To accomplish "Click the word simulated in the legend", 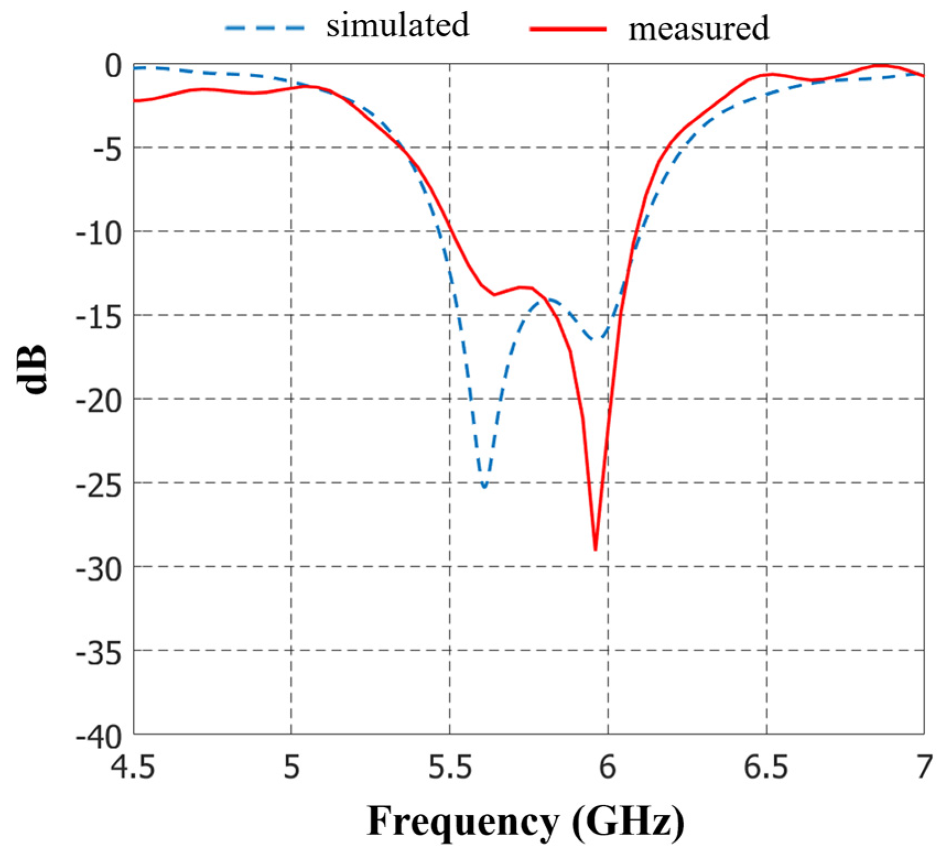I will pos(398,25).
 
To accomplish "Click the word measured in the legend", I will pos(698,29).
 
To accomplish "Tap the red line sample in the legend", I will pos(568,28).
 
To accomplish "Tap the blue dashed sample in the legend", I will pos(265,27).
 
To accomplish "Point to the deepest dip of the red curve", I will pos(595,549).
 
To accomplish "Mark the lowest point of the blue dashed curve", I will pos(484,486).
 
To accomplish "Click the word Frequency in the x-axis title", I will pos(463,822).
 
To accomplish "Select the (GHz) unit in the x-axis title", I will pos(628,822).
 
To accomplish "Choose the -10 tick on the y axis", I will pos(99,234).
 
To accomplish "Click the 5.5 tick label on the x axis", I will pos(450,767).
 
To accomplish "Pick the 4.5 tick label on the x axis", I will pos(134,767).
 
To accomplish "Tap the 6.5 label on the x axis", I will pos(766,767).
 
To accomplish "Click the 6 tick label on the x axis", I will pos(607,767).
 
